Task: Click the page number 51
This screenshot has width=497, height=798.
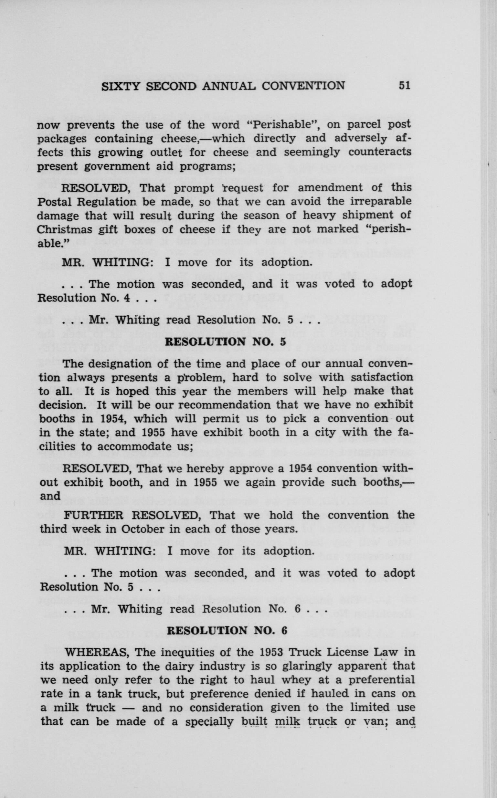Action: [404, 86]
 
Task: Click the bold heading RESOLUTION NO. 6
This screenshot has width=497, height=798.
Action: [227, 630]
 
